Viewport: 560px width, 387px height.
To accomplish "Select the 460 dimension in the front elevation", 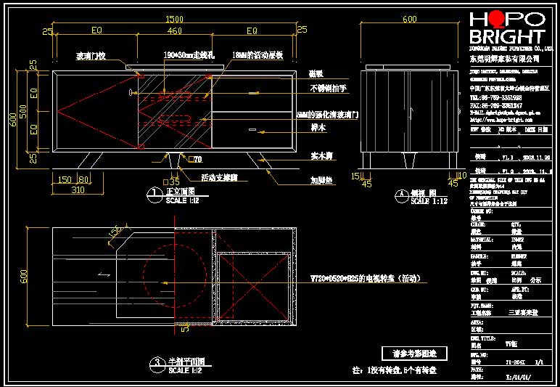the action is [174, 32].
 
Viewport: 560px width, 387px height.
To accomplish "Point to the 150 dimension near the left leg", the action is [65, 179].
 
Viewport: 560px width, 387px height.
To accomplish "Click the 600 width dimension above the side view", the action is [410, 19].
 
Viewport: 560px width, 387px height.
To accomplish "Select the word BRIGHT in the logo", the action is [506, 37].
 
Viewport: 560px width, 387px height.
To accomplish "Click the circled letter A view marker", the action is [401, 195].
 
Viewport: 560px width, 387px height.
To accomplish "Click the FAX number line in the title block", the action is [496, 105].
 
